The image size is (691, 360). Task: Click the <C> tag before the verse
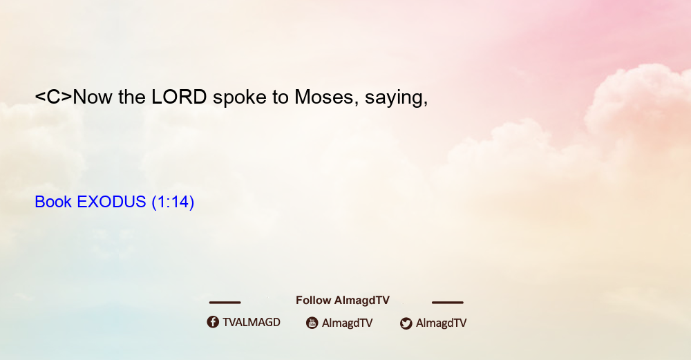(53, 97)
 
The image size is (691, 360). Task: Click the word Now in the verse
(93, 97)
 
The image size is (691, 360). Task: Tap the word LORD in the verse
(179, 97)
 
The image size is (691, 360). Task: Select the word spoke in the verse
(239, 97)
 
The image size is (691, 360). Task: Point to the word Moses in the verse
(324, 97)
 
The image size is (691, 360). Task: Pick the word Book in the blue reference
(53, 202)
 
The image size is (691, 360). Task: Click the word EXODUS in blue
(111, 202)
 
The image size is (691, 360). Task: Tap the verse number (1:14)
(173, 202)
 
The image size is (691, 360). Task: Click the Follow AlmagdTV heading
(343, 301)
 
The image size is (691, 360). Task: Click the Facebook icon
(213, 322)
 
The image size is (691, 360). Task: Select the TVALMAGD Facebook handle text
(252, 323)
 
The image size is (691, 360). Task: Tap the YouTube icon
(312, 323)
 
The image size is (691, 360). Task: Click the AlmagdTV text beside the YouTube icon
(348, 323)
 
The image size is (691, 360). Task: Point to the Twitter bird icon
(406, 323)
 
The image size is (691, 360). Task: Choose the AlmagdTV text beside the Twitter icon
(441, 323)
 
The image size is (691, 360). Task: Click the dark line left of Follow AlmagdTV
(225, 303)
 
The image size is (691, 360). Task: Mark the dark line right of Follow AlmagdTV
(448, 303)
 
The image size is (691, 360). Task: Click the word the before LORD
(132, 97)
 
